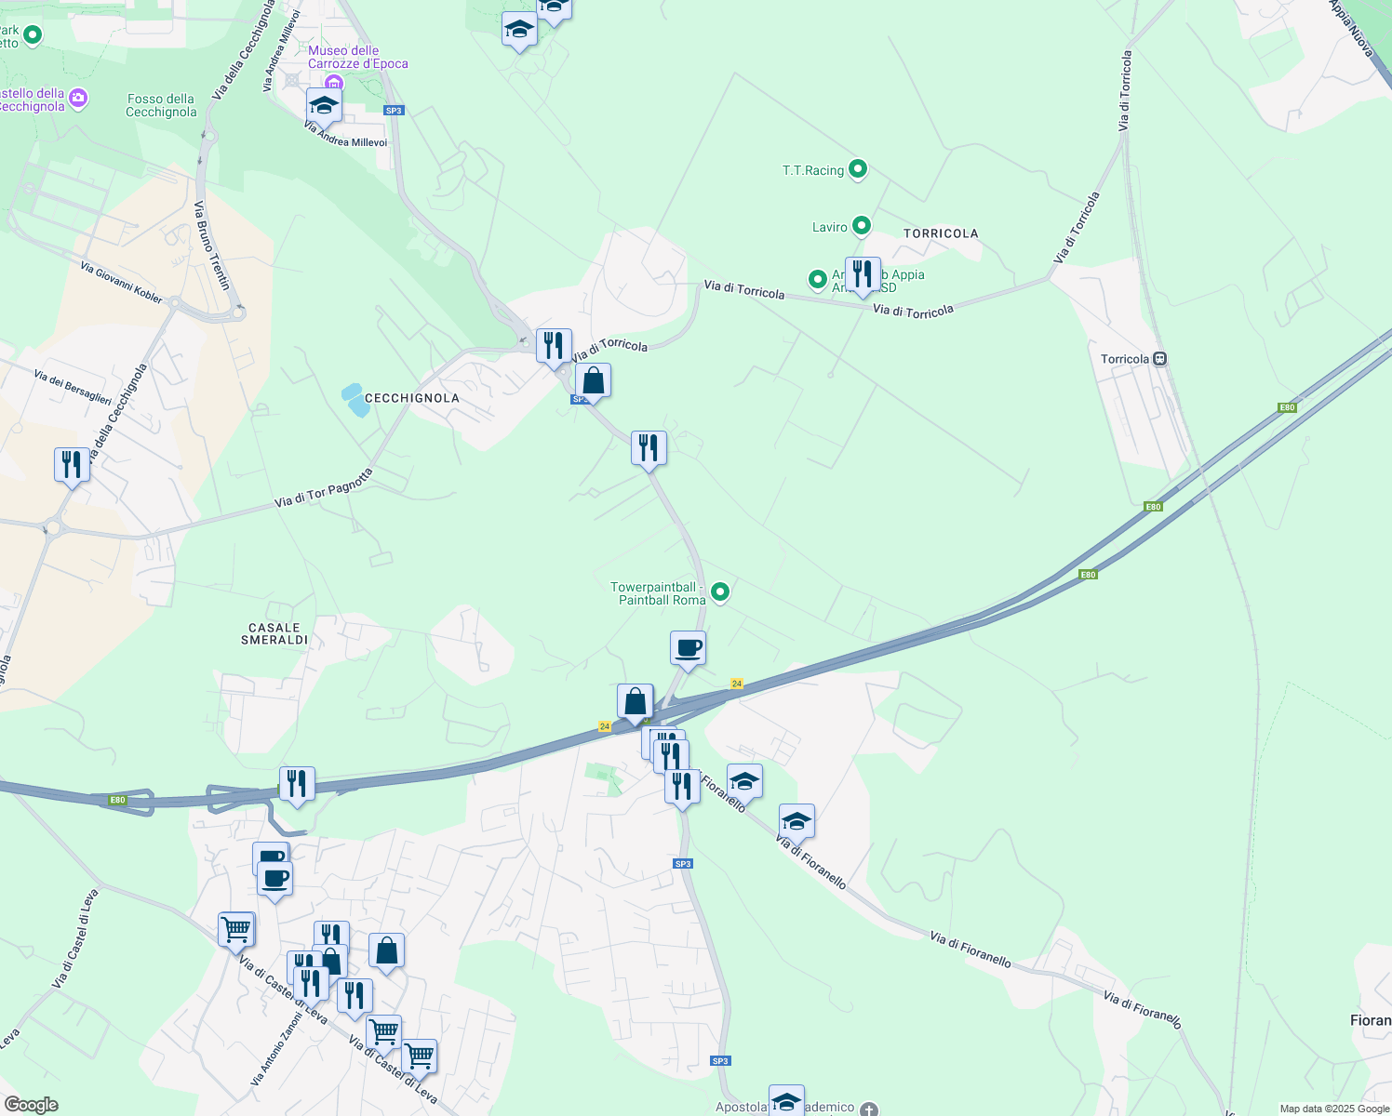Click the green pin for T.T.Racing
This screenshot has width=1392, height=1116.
(x=858, y=169)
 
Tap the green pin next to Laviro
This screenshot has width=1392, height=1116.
(x=862, y=225)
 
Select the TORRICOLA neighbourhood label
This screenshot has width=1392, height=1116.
(x=941, y=233)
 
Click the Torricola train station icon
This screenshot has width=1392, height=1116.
(x=1159, y=359)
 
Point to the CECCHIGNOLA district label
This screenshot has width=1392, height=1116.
(x=411, y=398)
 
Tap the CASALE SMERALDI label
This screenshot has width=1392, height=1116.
(x=274, y=634)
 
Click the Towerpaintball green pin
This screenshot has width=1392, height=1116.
(x=719, y=591)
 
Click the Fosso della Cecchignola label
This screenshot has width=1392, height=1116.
(x=161, y=105)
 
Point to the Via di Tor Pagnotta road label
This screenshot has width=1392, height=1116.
(x=324, y=488)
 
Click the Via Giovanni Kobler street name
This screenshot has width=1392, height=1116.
(x=121, y=283)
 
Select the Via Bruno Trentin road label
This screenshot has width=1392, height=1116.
(x=212, y=246)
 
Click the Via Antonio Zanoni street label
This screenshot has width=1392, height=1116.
(x=276, y=1049)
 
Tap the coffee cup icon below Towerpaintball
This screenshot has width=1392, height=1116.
(x=688, y=648)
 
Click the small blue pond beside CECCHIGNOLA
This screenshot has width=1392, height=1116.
(x=355, y=400)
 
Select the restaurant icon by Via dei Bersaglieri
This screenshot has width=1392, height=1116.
(x=72, y=464)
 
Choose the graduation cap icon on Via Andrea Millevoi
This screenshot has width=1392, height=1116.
(x=324, y=105)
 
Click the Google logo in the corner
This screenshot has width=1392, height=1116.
(x=31, y=1105)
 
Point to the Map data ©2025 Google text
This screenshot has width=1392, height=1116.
(x=1333, y=1109)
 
